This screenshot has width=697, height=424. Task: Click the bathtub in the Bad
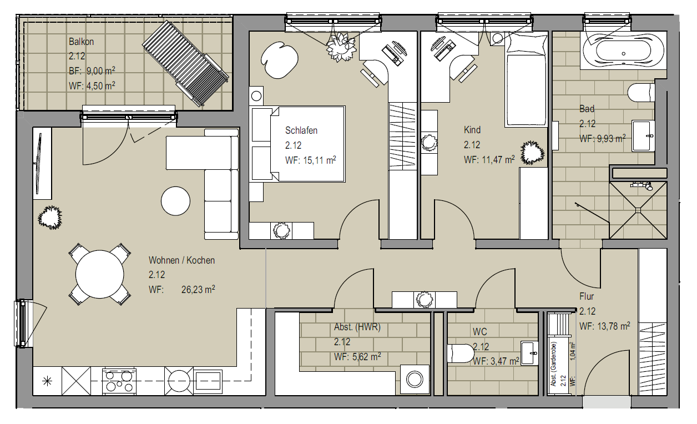[623, 53]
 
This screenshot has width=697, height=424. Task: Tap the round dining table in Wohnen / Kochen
[99, 274]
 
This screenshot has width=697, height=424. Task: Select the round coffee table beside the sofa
[175, 201]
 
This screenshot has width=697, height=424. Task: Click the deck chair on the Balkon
[186, 63]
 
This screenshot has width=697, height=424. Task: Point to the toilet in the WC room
[461, 354]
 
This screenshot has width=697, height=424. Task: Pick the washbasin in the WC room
[529, 353]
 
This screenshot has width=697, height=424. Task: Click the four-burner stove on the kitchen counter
[119, 381]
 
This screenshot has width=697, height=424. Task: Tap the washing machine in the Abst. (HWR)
[415, 380]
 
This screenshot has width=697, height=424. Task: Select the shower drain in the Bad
[638, 210]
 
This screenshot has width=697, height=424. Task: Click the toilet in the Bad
[642, 92]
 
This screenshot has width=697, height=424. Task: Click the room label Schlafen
[301, 130]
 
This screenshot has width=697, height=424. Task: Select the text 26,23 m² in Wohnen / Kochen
[198, 290]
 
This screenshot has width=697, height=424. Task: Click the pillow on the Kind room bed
[526, 43]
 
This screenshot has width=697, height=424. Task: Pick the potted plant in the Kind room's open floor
[532, 153]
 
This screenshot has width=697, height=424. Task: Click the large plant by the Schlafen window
[341, 47]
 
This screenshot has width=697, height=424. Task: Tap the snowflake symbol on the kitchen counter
[47, 381]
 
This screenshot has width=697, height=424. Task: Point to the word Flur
[587, 296]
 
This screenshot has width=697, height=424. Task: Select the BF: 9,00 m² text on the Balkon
[92, 71]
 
